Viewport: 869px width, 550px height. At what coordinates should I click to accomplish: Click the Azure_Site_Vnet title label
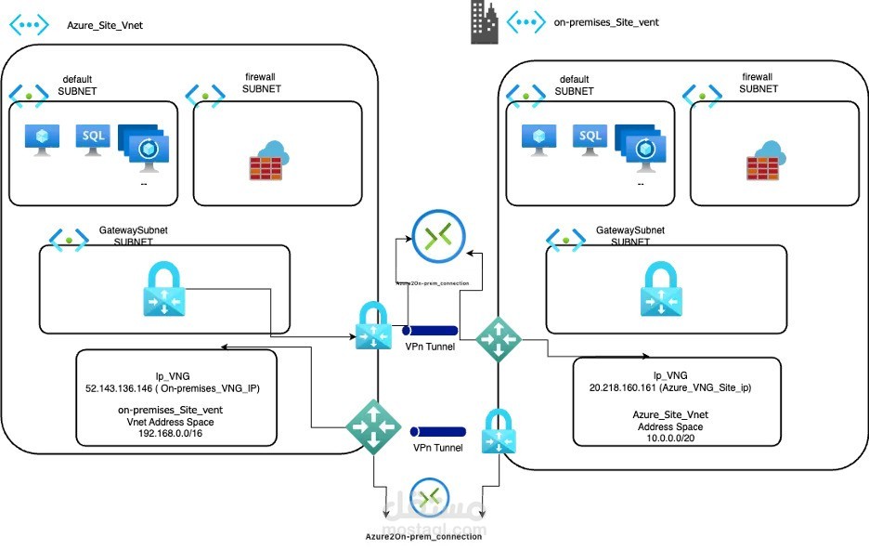coord(105,25)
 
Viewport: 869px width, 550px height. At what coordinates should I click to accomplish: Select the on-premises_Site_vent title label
coord(605,22)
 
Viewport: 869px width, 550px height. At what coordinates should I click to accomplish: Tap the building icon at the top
coord(484,21)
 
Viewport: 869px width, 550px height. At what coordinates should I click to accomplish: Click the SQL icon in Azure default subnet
coord(93,138)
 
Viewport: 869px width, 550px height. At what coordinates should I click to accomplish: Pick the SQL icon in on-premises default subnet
coord(590,138)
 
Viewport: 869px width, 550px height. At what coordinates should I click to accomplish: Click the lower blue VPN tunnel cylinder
coord(437,432)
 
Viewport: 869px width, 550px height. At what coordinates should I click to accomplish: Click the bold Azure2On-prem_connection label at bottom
coord(424,536)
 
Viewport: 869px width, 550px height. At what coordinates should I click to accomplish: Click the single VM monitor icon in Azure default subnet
coord(42,139)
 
